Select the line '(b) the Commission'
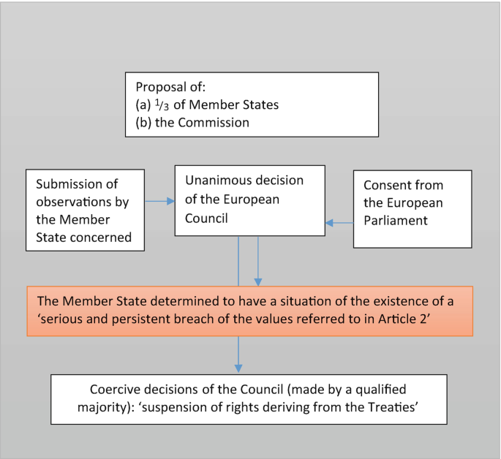click(x=192, y=122)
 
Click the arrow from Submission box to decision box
click(x=159, y=201)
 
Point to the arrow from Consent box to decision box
click(x=339, y=222)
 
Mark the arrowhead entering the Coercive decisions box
click(x=238, y=367)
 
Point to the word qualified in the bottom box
click(x=379, y=389)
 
